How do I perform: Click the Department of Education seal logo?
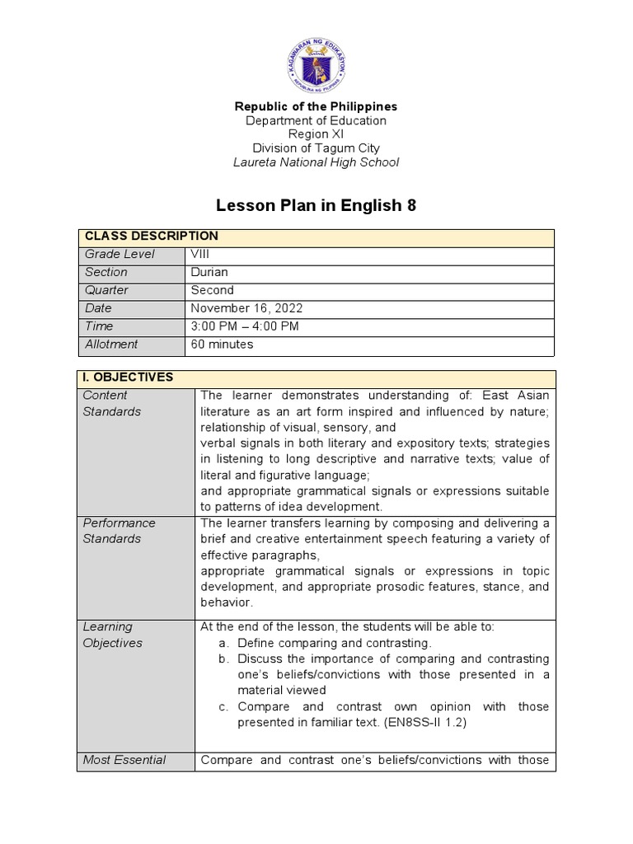316,63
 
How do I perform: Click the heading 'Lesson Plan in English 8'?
316,205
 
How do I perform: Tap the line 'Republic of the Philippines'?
316,106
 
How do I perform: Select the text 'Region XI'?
316,134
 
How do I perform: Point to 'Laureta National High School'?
316,162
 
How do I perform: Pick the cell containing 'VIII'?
201,254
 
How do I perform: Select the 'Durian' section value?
209,272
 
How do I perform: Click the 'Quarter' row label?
106,290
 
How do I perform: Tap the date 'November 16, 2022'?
246,308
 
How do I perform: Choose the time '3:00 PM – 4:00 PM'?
245,326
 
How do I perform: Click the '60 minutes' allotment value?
222,345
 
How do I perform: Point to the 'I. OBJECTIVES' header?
127,377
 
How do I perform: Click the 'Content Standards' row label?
111,403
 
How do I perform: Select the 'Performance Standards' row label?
119,531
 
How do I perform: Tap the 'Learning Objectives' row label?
112,635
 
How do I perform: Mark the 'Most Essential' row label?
124,760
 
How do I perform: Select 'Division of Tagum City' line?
316,148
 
